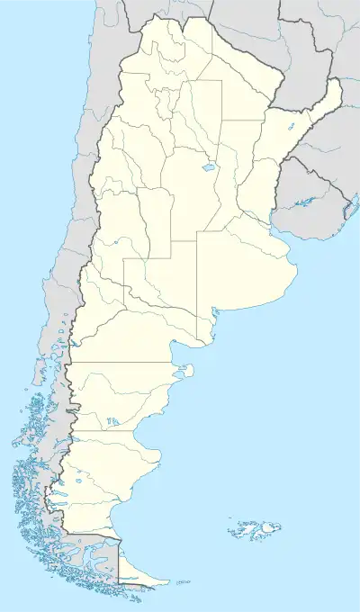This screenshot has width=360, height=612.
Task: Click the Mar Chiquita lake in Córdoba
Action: click(209, 167)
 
